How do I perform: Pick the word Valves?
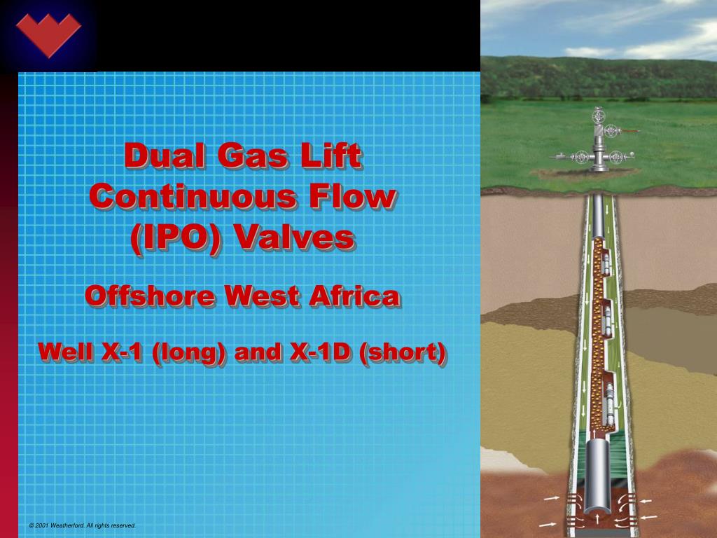(293, 237)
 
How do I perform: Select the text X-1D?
(319, 352)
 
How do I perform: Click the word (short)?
(402, 352)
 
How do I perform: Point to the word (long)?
(188, 352)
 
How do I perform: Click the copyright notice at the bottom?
(83, 525)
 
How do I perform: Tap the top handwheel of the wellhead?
(598, 116)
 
